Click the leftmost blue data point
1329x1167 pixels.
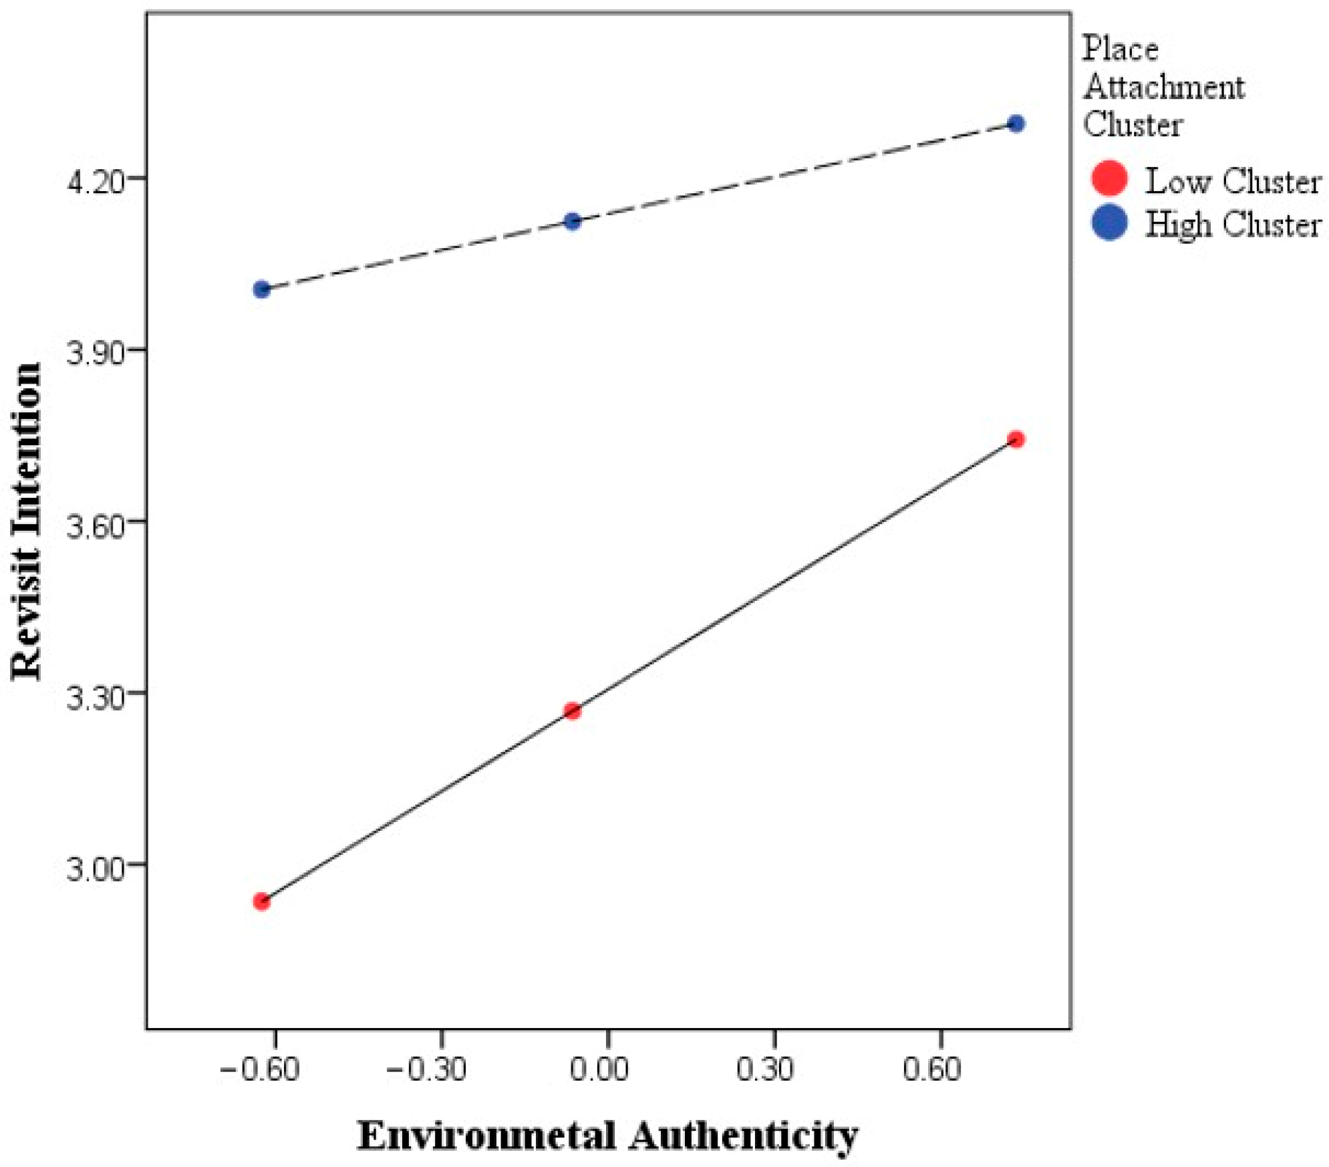pyautogui.click(x=262, y=289)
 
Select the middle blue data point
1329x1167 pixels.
pyautogui.click(x=572, y=221)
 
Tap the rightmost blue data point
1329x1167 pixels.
pyautogui.click(x=1016, y=124)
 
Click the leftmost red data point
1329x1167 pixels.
pyautogui.click(x=262, y=902)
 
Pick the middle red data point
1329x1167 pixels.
pyautogui.click(x=572, y=710)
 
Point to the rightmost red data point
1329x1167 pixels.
pyautogui.click(x=1016, y=439)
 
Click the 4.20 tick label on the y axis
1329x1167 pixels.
pyautogui.click(x=96, y=181)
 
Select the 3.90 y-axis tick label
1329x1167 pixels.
pyautogui.click(x=96, y=352)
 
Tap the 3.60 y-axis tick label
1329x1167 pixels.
pyautogui.click(x=96, y=524)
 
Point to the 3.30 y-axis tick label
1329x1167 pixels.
pyautogui.click(x=96, y=695)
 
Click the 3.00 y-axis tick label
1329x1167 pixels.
pyautogui.click(x=96, y=867)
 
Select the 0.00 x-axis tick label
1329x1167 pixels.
pyautogui.click(x=599, y=1069)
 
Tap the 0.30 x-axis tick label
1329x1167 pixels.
pyautogui.click(x=765, y=1069)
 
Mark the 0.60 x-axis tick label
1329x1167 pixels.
pyautogui.click(x=932, y=1069)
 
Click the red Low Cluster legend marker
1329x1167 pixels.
pyautogui.click(x=1109, y=178)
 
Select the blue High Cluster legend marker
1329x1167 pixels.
pyautogui.click(x=1109, y=222)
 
